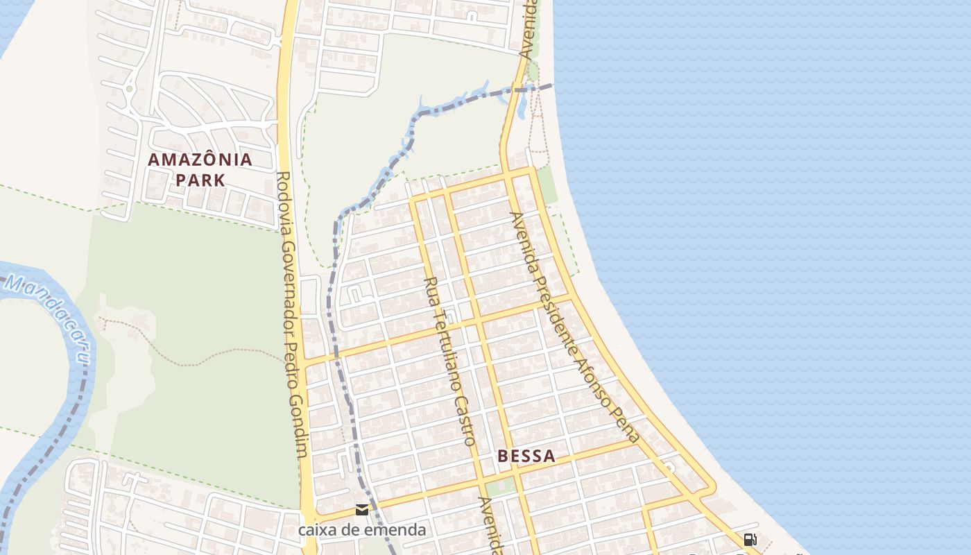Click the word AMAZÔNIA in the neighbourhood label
200,160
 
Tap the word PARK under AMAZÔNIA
200,180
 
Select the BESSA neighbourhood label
526,456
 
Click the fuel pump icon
750,539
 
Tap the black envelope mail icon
362,511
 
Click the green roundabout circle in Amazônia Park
129,88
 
